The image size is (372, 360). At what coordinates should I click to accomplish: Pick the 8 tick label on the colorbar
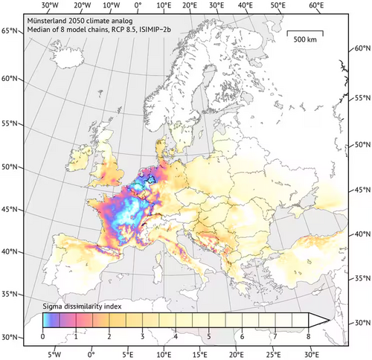307,337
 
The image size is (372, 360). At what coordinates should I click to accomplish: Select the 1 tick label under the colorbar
76,337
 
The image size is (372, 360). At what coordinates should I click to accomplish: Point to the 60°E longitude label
315,6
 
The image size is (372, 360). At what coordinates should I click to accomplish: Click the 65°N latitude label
10,30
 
